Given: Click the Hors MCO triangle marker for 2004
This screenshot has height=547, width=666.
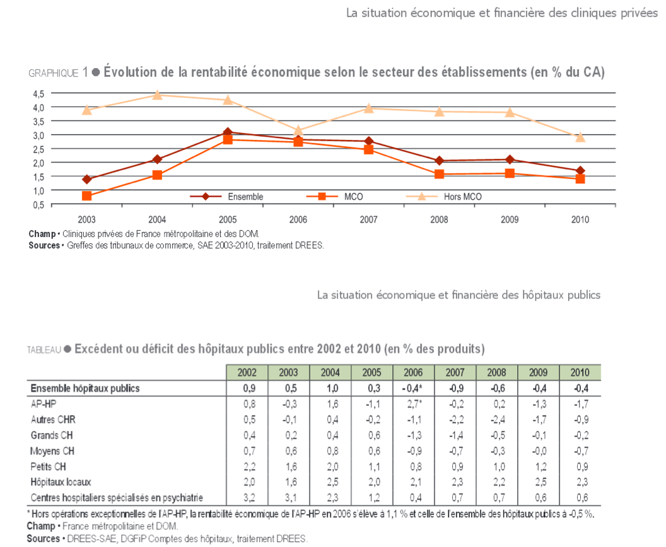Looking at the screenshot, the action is pyautogui.click(x=157, y=95).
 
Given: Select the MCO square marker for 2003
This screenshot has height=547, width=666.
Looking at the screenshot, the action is pyautogui.click(x=86, y=195).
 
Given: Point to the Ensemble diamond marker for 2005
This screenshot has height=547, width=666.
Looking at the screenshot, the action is pyautogui.click(x=228, y=132).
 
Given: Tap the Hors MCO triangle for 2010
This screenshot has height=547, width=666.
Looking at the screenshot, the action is pyautogui.click(x=580, y=137).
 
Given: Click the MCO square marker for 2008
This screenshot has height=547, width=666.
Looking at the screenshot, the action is pyautogui.click(x=439, y=174).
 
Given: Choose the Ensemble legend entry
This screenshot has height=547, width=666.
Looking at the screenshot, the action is pyautogui.click(x=226, y=197).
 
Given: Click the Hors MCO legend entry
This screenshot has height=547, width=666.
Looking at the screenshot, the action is pyautogui.click(x=444, y=197).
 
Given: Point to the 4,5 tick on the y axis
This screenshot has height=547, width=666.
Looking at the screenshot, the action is pyautogui.click(x=38, y=94).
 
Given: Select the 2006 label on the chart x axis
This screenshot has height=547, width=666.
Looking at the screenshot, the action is pyautogui.click(x=298, y=219).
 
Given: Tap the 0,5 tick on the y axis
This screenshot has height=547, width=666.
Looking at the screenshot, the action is pyautogui.click(x=38, y=205).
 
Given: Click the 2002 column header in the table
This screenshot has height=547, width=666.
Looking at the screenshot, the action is pyautogui.click(x=247, y=372).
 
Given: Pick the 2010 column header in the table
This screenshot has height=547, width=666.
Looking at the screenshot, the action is pyautogui.click(x=580, y=372).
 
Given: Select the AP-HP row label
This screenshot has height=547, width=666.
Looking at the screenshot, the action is pyautogui.click(x=44, y=404).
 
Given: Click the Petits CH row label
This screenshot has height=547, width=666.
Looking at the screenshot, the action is pyautogui.click(x=48, y=467).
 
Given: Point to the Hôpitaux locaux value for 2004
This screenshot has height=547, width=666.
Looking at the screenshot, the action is pyautogui.click(x=332, y=482).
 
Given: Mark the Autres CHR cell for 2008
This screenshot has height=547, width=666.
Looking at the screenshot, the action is pyautogui.click(x=498, y=420).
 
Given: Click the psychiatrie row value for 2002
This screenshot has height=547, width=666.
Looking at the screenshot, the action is pyautogui.click(x=249, y=498).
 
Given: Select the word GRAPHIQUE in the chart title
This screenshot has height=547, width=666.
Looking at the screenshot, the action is pyautogui.click(x=54, y=73).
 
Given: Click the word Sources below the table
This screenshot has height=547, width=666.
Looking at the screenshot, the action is pyautogui.click(x=44, y=539).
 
